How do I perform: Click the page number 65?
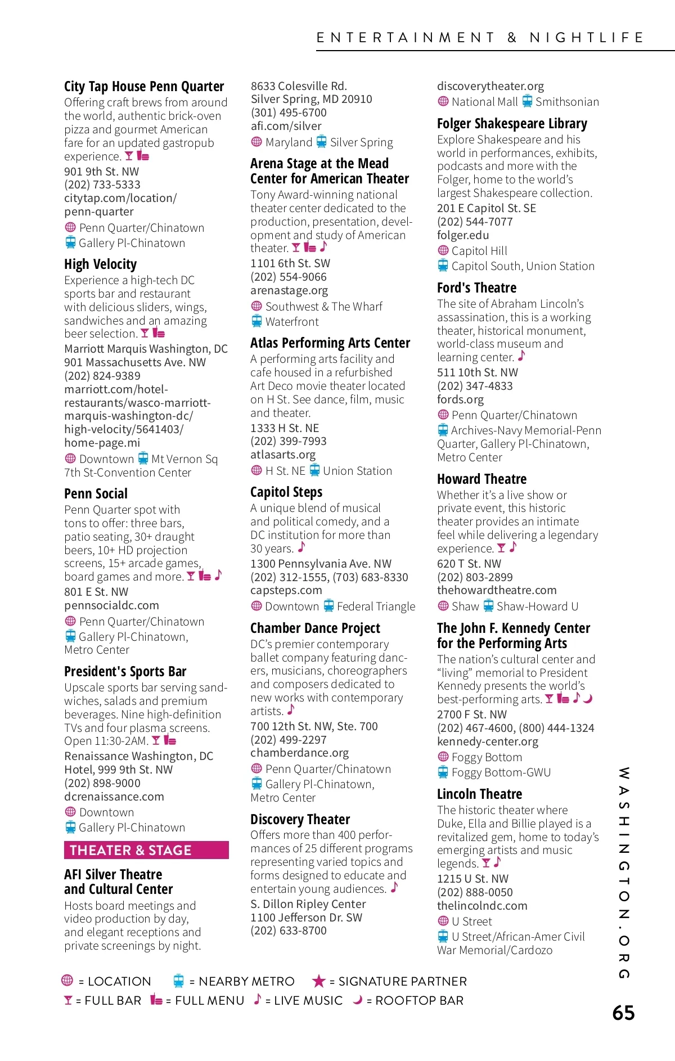click(623, 1013)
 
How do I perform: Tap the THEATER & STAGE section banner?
click(146, 850)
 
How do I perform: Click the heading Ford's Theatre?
click(476, 288)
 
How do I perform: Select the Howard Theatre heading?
click(481, 479)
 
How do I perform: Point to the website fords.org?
click(460, 399)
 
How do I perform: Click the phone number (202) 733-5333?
click(102, 185)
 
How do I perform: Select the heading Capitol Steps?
click(286, 492)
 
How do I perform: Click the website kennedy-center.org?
click(487, 741)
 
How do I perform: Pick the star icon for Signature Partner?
click(319, 981)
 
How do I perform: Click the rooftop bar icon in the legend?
click(357, 1000)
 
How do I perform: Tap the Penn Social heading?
click(96, 494)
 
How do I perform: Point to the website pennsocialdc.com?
click(111, 605)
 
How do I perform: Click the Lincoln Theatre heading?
click(479, 794)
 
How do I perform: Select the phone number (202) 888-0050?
click(475, 892)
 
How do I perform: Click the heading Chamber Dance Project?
click(315, 628)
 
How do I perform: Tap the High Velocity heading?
click(100, 264)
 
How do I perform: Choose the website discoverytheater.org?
click(490, 86)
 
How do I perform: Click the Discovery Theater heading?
click(300, 820)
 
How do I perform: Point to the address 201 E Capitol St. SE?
click(487, 208)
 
